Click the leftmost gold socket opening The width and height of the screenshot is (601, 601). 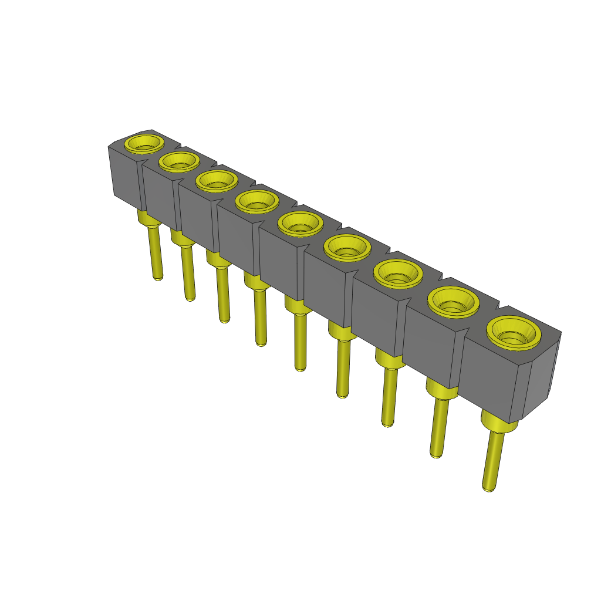tap(144, 143)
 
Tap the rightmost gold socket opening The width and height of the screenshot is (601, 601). tap(514, 332)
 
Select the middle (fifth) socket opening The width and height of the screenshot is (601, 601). tap(300, 223)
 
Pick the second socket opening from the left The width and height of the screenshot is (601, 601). tap(179, 161)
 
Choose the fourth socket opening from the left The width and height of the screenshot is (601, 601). tap(257, 201)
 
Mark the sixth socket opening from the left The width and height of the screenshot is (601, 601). tap(347, 247)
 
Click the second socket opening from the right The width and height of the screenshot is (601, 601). tap(454, 302)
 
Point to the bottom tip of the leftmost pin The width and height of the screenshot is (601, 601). tap(157, 277)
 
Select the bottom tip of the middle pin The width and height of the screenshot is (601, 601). tap(300, 367)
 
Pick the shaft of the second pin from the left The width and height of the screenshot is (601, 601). tap(188, 273)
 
